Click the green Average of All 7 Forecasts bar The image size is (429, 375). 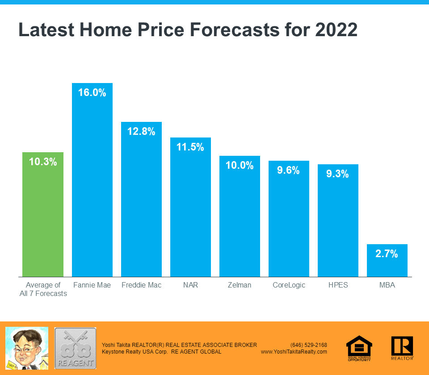[x=43, y=214]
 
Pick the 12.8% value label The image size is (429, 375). [x=141, y=132]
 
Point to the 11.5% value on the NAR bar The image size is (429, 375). [x=190, y=147]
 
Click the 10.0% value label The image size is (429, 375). [x=240, y=165]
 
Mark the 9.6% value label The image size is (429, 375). [x=289, y=170]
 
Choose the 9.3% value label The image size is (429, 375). [x=338, y=174]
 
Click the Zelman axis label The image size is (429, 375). [x=240, y=285]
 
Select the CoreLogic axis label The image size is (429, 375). [x=289, y=285]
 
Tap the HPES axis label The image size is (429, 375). [x=338, y=285]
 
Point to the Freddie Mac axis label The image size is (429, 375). [x=141, y=285]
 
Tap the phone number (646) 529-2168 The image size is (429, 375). [x=309, y=345]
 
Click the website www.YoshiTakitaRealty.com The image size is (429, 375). [x=294, y=352]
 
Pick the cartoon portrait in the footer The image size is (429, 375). [x=27, y=348]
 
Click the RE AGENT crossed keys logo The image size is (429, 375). [x=75, y=348]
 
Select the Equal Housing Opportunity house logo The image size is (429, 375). [x=359, y=348]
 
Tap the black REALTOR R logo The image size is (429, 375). [x=402, y=348]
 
